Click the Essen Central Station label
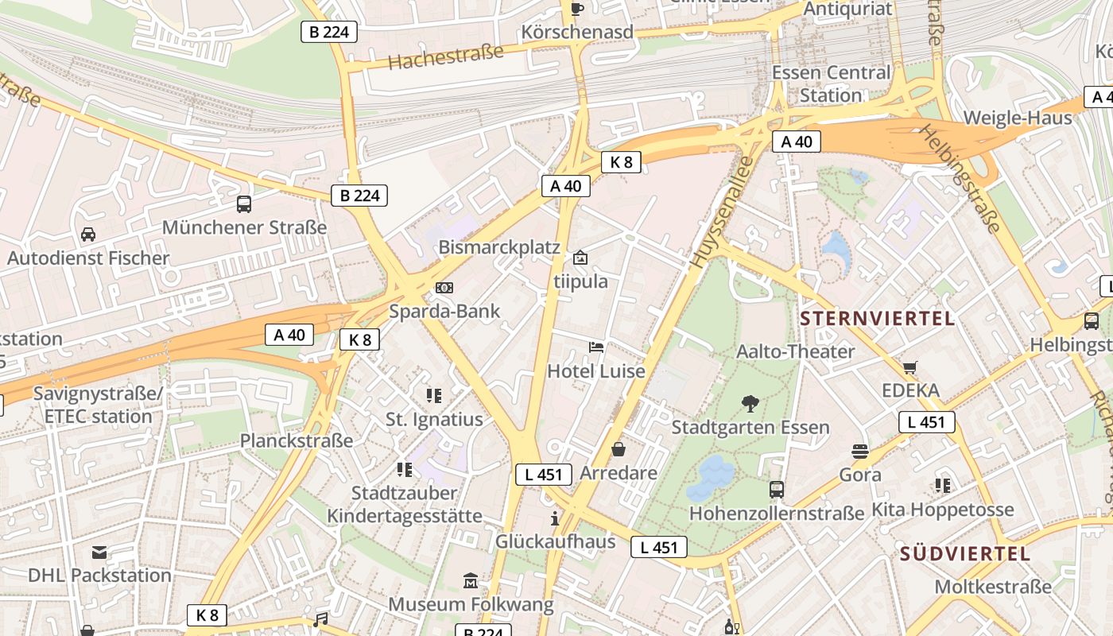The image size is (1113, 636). tap(832, 83)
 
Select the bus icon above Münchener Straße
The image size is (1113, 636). tap(244, 204)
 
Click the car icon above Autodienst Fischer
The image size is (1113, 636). tap(88, 235)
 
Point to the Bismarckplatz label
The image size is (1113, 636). tap(499, 247)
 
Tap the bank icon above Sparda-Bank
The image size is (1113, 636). tap(444, 287)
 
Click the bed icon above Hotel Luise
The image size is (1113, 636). tap(596, 347)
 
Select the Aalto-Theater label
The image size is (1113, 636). tap(796, 351)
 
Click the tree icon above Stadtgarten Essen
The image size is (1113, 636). tap(750, 404)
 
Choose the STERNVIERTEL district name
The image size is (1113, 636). tap(877, 319)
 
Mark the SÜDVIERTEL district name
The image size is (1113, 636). tap(965, 554)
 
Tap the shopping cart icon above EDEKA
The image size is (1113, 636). tap(910, 367)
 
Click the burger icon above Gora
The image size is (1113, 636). tap(859, 452)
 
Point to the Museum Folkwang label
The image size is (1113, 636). tap(471, 604)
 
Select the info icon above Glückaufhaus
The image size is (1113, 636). tap(555, 519)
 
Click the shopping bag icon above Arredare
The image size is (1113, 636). tap(619, 450)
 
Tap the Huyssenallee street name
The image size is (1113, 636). tap(722, 211)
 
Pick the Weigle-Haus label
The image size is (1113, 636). tap(1018, 118)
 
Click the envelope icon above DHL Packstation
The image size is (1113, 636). tap(99, 553)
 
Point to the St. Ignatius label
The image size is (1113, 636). tap(434, 419)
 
